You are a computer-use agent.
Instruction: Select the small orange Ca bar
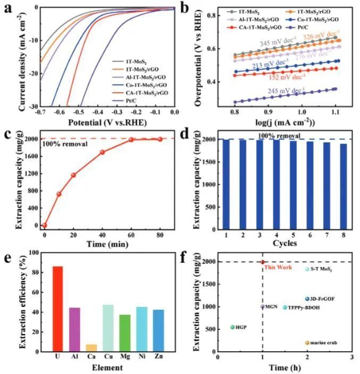pos(91,348)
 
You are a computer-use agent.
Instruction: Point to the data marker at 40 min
pos(102,152)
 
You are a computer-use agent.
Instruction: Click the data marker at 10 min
pos(59,194)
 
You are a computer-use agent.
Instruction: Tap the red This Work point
pos(263,262)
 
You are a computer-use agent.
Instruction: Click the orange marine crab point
pos(307,343)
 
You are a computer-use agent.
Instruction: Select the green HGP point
pos(232,327)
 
